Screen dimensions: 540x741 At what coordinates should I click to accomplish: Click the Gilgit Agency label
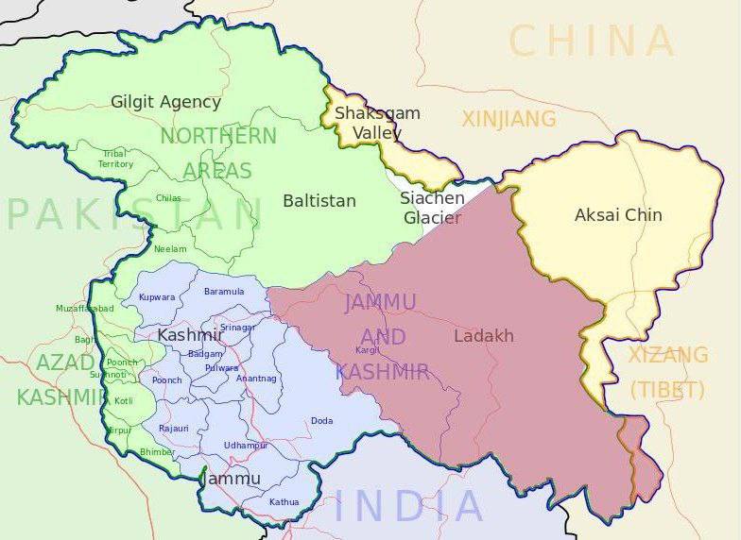tap(165, 102)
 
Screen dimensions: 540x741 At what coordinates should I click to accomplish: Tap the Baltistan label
tap(319, 201)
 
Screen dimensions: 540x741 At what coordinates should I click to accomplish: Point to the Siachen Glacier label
tap(432, 208)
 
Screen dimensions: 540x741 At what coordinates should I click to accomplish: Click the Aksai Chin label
tap(618, 215)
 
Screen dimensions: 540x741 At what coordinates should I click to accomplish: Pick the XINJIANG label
tap(508, 119)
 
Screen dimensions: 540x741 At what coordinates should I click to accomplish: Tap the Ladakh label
tap(484, 336)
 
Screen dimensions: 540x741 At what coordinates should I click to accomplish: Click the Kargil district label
tap(367, 350)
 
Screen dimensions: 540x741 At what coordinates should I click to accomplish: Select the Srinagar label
tap(238, 328)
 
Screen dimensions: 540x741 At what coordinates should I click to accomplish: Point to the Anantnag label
tap(256, 379)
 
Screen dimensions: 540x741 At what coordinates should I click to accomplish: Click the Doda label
tap(321, 421)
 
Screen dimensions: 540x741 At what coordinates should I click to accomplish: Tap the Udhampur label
tap(246, 445)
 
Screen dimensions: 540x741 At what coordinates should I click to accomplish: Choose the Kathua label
tap(284, 502)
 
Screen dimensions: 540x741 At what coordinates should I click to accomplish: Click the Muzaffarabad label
tap(84, 309)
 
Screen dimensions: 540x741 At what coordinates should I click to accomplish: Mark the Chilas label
tap(168, 198)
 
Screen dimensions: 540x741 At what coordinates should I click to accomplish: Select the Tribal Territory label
tap(115, 159)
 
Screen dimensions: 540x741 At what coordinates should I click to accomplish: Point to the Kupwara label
tap(157, 297)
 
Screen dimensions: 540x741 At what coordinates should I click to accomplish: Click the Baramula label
tap(224, 292)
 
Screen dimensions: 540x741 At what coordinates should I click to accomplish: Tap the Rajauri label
tap(174, 429)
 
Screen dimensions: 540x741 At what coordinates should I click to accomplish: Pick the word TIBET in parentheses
tap(668, 390)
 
